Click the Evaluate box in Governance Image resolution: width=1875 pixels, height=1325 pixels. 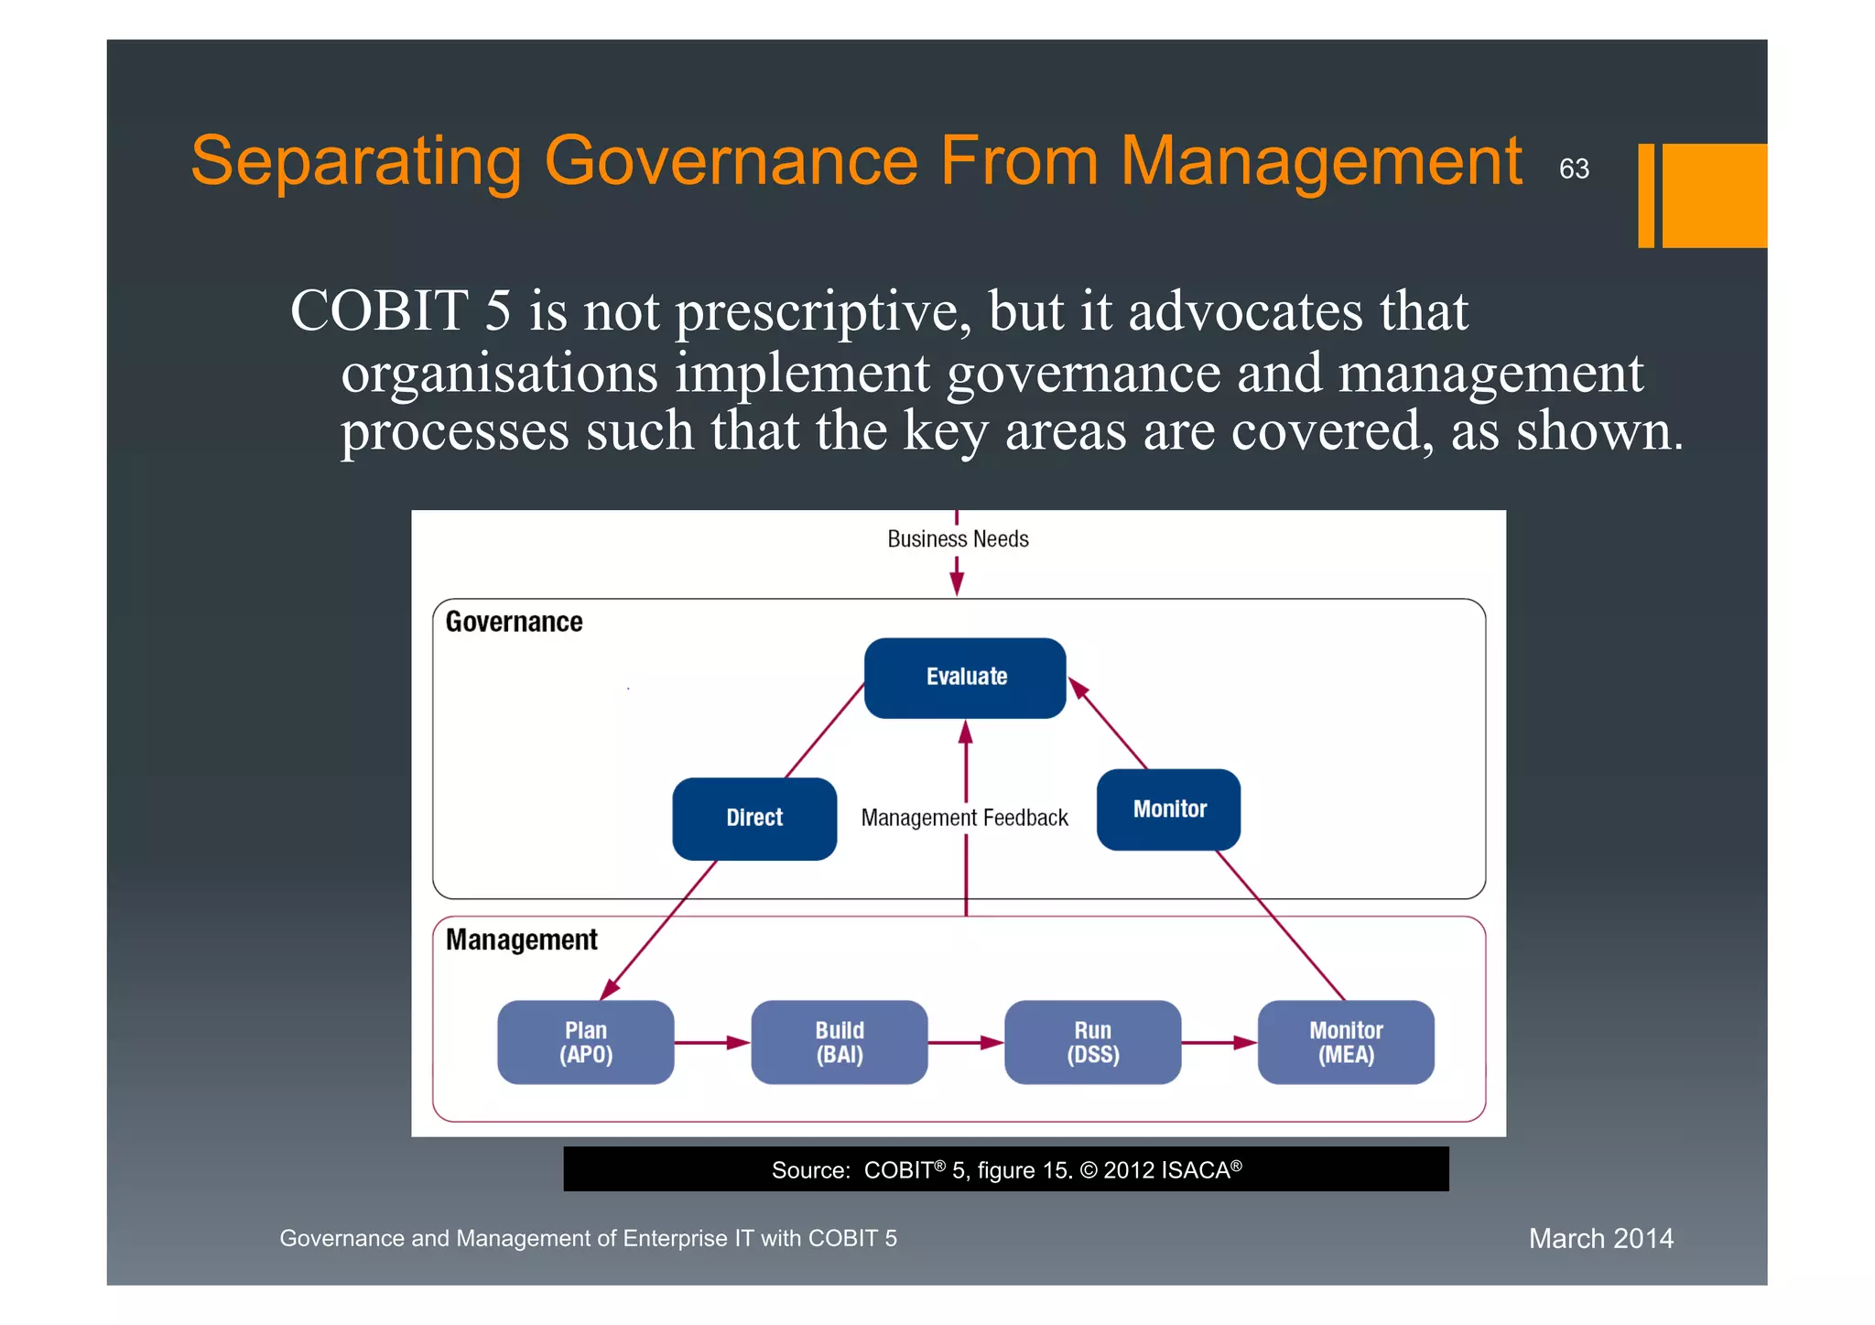point(965,678)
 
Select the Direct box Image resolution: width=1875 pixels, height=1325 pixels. point(754,818)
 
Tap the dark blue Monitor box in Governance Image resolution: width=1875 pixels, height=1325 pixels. point(1168,809)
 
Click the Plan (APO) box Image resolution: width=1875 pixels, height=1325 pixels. point(586,1042)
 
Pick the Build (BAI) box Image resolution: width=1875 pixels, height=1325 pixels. point(840,1042)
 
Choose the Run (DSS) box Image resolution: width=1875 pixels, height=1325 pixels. point(1092,1042)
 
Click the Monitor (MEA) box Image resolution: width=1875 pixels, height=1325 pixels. point(1346,1042)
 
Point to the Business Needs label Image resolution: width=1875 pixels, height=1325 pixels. point(958,539)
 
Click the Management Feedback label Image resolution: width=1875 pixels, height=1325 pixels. point(964,818)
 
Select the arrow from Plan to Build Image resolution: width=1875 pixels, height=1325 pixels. point(712,1042)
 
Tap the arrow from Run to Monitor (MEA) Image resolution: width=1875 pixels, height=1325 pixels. point(1219,1042)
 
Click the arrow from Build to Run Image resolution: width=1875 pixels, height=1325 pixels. point(966,1042)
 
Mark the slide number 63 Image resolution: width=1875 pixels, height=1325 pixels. point(1574,169)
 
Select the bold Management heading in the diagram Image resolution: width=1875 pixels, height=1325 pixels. point(521,939)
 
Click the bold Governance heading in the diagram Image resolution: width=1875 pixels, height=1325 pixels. point(514,622)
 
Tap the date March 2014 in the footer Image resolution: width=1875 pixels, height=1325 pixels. point(1600,1238)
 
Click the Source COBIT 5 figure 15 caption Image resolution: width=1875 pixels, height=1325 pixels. point(1005,1169)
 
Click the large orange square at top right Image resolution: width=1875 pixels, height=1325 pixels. point(1714,195)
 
